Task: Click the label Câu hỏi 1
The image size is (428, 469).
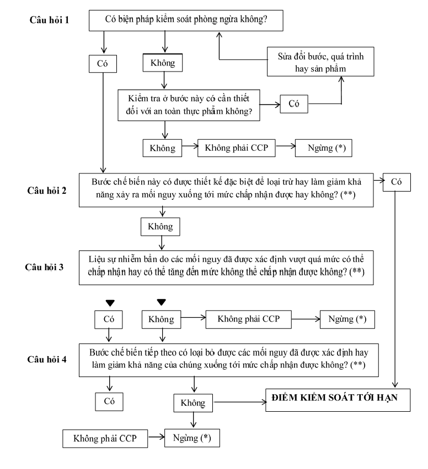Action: [49, 20]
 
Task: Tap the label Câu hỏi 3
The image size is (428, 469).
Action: [44, 267]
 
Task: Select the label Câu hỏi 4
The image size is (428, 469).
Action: [47, 359]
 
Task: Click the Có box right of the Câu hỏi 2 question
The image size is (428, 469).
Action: [397, 182]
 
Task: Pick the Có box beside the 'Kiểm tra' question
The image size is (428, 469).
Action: [294, 104]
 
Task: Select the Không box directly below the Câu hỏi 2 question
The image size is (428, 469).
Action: [160, 227]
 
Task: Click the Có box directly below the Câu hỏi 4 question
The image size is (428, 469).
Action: [109, 402]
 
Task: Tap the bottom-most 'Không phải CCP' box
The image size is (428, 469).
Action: [105, 439]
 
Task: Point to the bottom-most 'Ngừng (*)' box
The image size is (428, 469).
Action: [192, 438]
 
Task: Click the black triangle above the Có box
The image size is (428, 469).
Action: [110, 303]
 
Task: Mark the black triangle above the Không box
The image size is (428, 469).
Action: [161, 302]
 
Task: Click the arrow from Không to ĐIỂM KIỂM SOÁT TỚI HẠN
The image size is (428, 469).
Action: [240, 402]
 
